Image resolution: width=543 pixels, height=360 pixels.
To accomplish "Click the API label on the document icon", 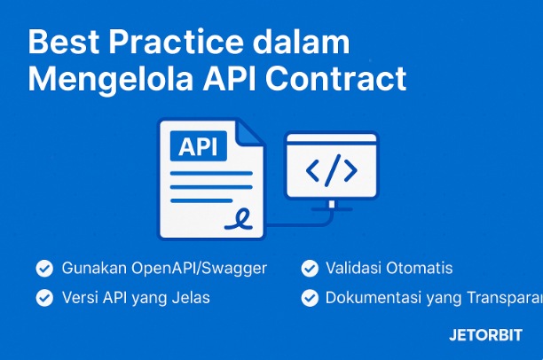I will [201, 147].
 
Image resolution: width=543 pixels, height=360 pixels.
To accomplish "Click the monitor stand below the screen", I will [332, 207].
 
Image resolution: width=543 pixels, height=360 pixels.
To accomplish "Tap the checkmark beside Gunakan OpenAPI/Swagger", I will [43, 268].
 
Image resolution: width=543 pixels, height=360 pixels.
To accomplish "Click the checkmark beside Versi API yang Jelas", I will [43, 298].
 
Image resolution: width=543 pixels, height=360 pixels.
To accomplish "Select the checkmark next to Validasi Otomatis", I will [310, 268].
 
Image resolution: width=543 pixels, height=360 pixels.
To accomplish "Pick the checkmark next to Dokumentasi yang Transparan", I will [310, 298].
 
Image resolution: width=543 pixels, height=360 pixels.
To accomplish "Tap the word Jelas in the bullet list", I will [192, 298].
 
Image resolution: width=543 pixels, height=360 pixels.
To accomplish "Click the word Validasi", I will [354, 268].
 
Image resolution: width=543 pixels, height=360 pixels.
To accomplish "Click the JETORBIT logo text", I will [485, 336].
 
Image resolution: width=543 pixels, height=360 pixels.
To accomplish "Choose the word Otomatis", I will [421, 268].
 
